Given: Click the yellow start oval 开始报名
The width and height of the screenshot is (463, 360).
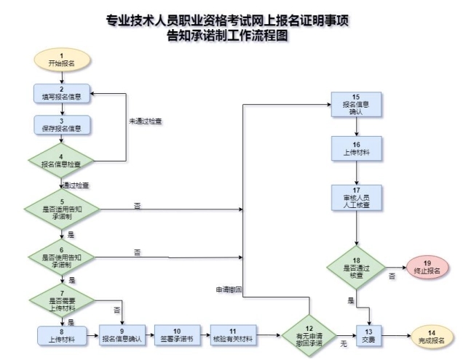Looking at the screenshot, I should pos(62,60).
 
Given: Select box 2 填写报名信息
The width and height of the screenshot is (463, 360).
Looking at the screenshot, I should pos(62,93).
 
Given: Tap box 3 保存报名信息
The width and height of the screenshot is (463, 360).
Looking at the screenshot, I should pos(62,125).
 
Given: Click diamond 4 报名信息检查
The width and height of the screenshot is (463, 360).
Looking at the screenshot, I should pos(62,160).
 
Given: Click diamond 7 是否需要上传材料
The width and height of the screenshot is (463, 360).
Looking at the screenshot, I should pos(62,299).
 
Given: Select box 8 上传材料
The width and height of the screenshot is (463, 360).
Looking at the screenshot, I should pos(62,336).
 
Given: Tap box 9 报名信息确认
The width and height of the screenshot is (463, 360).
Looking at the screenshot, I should pos(121,336).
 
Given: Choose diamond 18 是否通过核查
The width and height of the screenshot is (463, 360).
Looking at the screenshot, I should pos(356,268).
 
